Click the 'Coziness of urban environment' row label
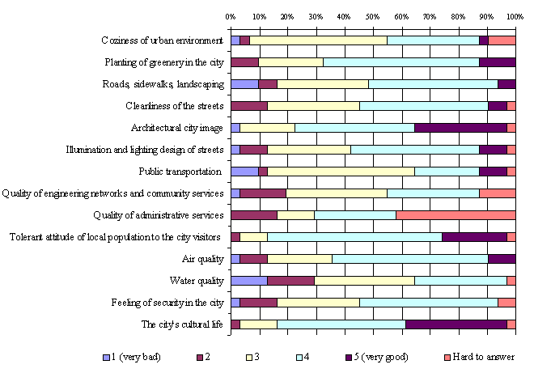click(162, 40)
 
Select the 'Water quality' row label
click(197, 281)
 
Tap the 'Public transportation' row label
click(180, 172)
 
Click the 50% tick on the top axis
click(372, 16)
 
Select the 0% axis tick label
click(231, 16)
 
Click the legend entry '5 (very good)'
click(385, 357)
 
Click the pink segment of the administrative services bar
click(456, 215)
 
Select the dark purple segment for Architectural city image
click(460, 128)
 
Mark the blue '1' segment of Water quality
click(248, 281)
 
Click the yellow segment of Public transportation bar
click(341, 172)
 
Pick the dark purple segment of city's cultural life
click(456, 324)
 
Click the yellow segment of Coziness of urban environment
click(318, 40)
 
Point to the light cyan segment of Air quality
click(409, 259)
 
